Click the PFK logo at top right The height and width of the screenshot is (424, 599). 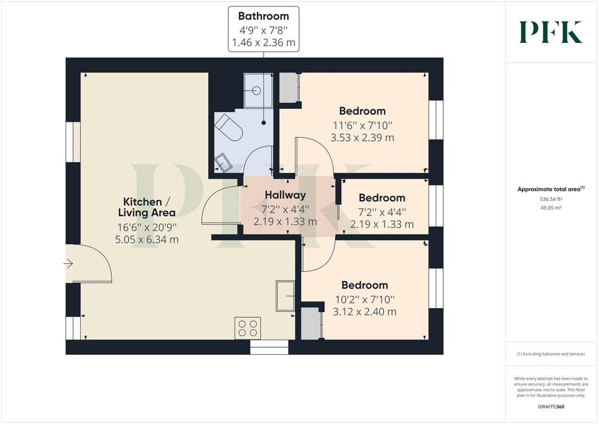coord(550,32)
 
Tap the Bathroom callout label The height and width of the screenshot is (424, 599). coord(264,29)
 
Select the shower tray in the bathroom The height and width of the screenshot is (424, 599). coord(258,91)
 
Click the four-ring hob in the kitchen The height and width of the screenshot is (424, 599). coord(247,328)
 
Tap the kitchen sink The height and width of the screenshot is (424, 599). coord(285,296)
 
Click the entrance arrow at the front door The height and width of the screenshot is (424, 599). coord(68,264)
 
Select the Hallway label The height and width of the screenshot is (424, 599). coord(285,195)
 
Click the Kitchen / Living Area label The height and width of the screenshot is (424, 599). coord(147,207)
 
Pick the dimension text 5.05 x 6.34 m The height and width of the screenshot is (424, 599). coord(147,240)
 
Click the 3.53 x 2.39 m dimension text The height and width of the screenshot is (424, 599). coord(362,138)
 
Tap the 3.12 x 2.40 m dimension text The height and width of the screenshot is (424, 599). coord(364,312)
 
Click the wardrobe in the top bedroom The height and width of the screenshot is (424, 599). coord(289,88)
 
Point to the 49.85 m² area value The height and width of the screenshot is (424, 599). coord(550,208)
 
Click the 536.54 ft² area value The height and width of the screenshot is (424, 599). coord(550,199)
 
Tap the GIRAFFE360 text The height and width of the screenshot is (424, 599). coord(551,407)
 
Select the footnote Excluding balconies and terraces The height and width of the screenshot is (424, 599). coord(551,354)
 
